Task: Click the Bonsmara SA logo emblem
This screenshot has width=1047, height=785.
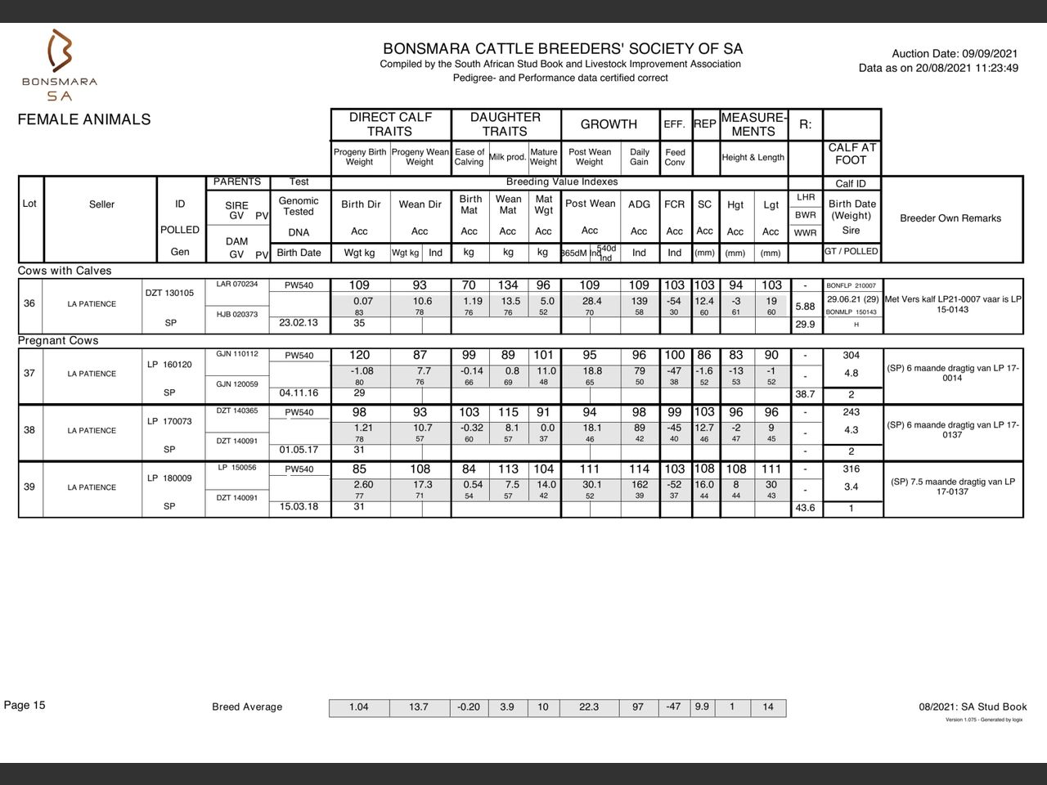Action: pos(60,51)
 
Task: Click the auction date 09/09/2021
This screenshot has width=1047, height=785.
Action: pos(991,53)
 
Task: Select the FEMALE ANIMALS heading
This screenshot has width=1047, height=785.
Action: pos(84,119)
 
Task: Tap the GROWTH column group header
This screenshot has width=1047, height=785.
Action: pos(609,124)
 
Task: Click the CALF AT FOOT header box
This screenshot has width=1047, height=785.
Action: pos(851,154)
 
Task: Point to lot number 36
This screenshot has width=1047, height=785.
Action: pos(29,303)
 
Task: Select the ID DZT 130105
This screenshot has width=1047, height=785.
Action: pos(169,293)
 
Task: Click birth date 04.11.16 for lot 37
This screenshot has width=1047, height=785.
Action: pos(299,393)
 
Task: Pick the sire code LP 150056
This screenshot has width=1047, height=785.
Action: pos(236,469)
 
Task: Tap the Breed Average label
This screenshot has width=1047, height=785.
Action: pos(247,707)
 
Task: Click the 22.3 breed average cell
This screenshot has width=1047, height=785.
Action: pos(589,707)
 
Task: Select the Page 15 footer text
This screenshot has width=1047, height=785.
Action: pos(25,706)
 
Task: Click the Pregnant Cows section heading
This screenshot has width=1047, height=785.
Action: pos(58,341)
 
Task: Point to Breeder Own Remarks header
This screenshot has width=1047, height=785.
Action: pos(950,218)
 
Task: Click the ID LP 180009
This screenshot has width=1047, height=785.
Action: pos(169,478)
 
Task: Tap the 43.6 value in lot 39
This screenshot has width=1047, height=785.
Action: pos(805,508)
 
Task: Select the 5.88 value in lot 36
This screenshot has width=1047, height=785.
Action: pos(805,307)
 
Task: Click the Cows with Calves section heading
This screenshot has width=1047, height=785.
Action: pos(65,271)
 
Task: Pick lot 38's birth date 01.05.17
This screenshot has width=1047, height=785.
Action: pos(299,450)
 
